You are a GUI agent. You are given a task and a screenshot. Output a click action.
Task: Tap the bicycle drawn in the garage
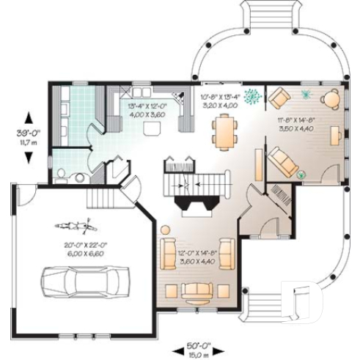click(73, 225)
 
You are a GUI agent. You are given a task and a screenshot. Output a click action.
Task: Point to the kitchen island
click(152, 129)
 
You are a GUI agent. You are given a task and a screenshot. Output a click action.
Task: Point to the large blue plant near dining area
click(253, 95)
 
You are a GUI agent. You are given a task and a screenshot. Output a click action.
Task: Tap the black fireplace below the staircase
click(195, 199)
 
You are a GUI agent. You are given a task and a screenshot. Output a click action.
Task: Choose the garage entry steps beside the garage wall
click(98, 196)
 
